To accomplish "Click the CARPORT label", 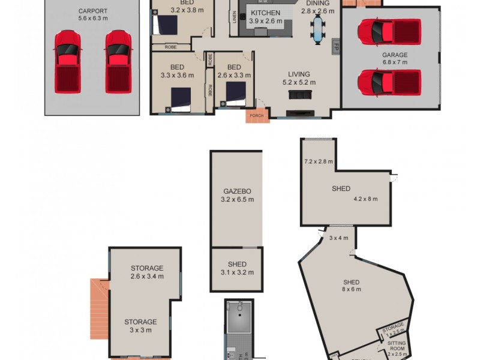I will point(92,11).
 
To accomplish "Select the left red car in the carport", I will point(67,61).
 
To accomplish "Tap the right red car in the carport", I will point(118,61).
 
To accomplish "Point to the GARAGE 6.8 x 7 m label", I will point(395,58).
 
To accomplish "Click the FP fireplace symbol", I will point(336,45).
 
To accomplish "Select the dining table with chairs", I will point(317,29).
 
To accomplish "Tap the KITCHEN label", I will point(265,13).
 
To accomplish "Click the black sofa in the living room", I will point(299,95).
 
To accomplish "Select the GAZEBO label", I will point(236,191).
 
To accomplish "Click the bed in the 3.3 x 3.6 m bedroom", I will point(181,98).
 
